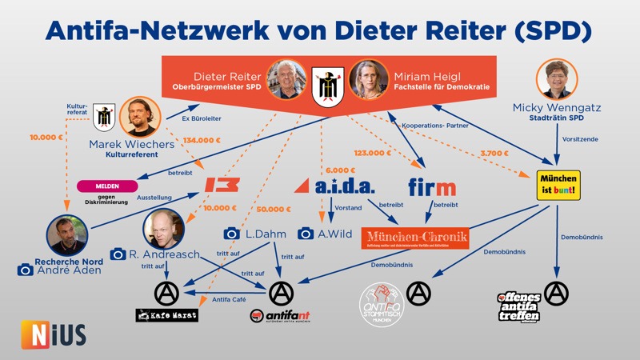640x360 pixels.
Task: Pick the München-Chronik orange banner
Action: click(x=415, y=238)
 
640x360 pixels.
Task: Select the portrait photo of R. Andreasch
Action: click(x=164, y=228)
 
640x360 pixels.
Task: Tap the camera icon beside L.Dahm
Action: click(x=232, y=234)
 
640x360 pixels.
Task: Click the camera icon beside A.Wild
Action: click(x=306, y=234)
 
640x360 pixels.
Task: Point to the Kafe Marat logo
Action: click(x=166, y=315)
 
